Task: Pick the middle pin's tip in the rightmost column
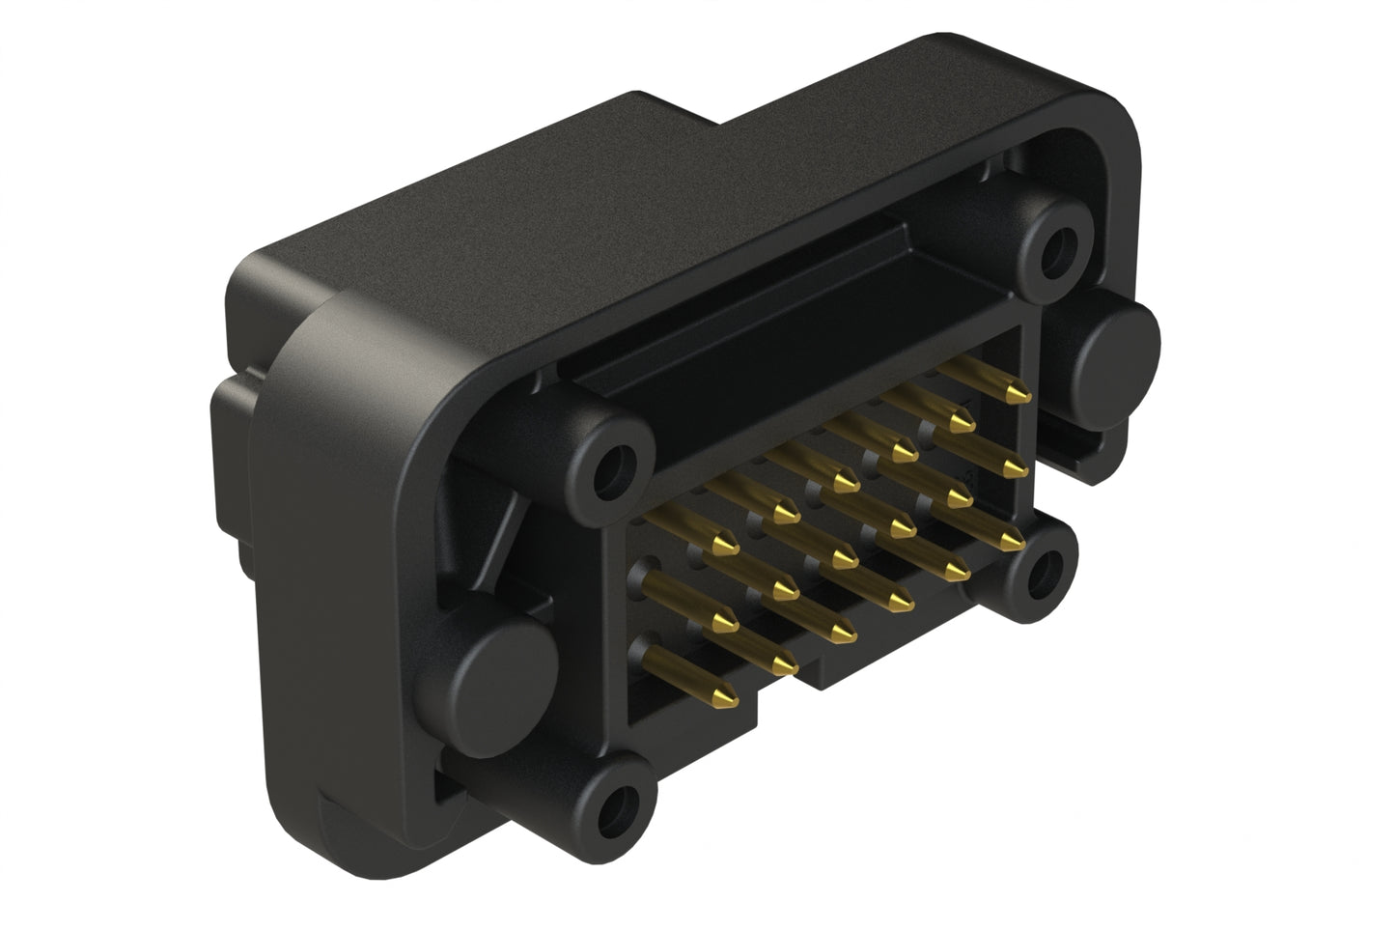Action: point(1014,468)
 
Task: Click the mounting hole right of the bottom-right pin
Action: point(1041,571)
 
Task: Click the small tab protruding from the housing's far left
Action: point(227,425)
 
